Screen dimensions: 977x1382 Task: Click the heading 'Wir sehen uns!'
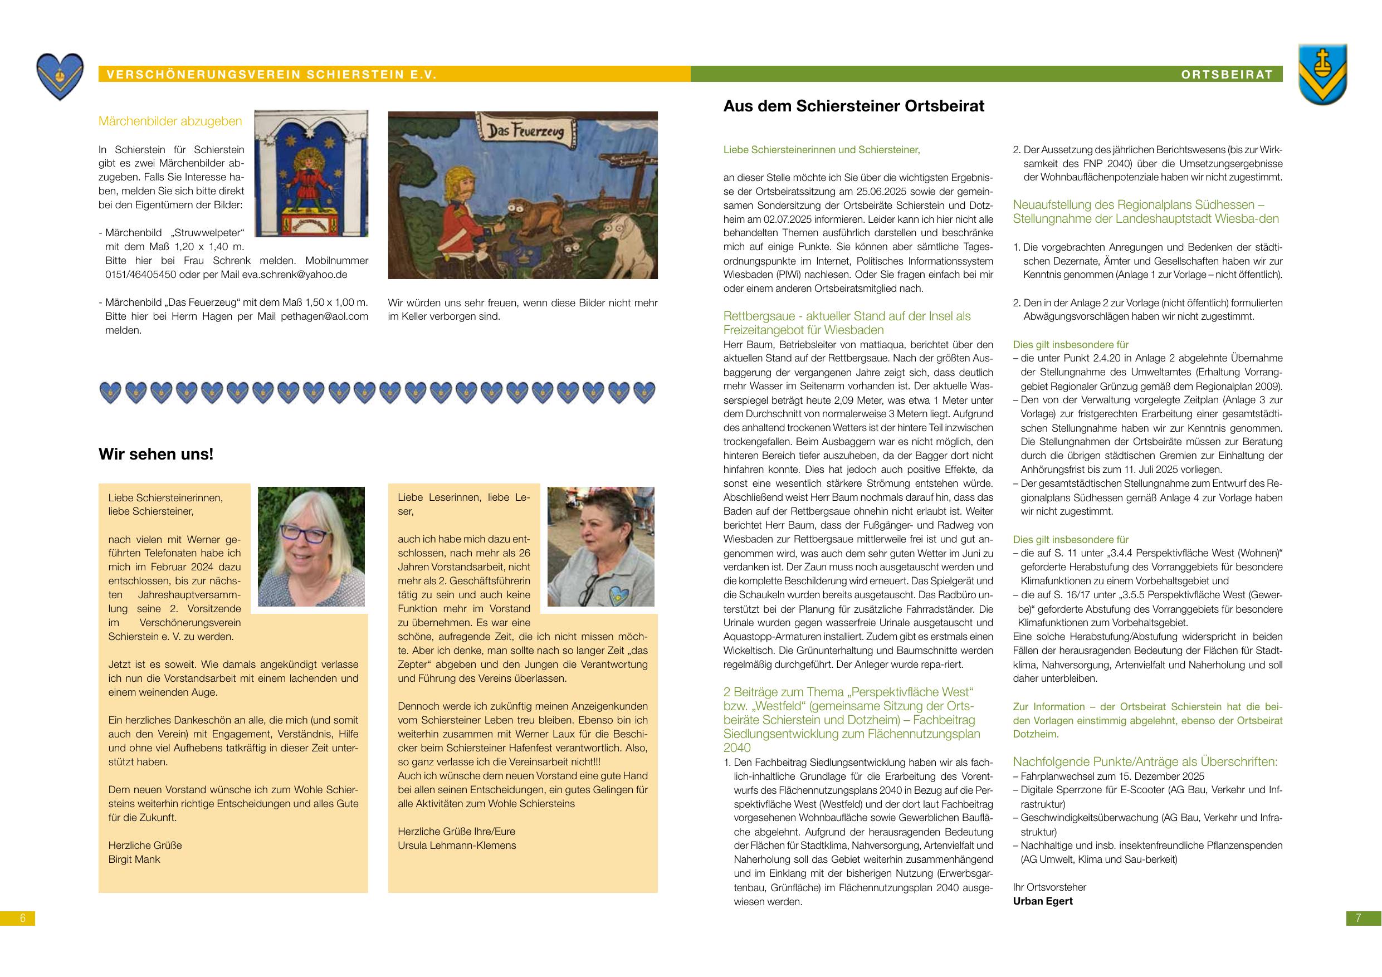[x=156, y=454]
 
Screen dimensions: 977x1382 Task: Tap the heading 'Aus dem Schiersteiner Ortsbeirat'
[x=853, y=106]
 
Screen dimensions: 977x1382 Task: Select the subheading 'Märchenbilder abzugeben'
[x=170, y=121]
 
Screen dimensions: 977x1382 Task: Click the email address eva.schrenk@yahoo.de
[x=294, y=275]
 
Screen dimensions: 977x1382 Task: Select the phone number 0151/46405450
[x=140, y=275]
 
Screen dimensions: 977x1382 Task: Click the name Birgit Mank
[x=134, y=859]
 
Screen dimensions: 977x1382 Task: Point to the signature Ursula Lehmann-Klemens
[x=456, y=845]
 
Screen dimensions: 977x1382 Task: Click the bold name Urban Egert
[x=1043, y=901]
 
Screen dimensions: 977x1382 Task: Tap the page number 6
[x=23, y=918]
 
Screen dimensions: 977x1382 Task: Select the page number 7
[x=1358, y=918]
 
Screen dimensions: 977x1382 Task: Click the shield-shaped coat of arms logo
[x=1322, y=74]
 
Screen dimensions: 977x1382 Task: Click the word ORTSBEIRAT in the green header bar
[x=1227, y=75]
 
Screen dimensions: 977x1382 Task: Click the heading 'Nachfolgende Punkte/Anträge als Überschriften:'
[x=1145, y=761]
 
